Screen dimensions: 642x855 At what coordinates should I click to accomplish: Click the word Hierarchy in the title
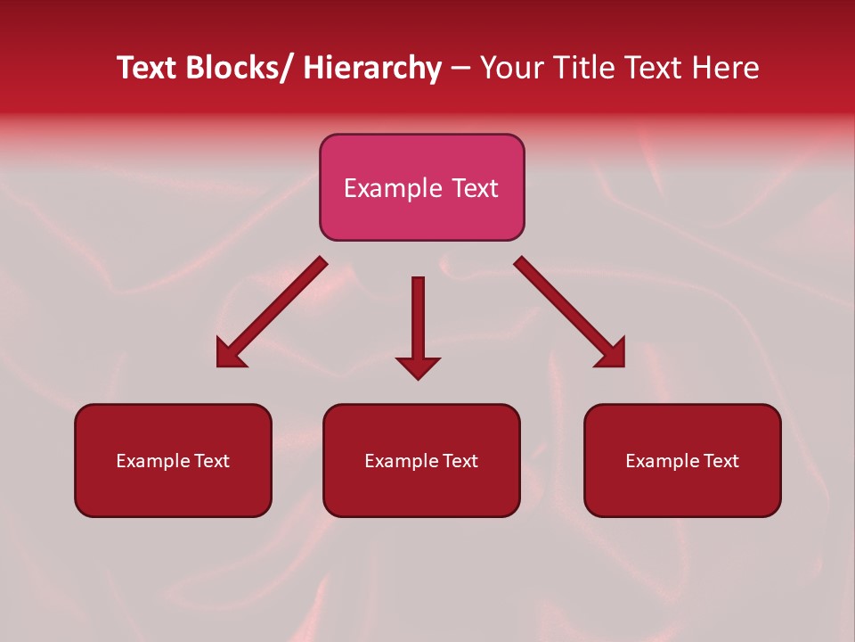pyautogui.click(x=371, y=68)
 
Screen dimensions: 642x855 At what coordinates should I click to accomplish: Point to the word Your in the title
pyautogui.click(x=510, y=68)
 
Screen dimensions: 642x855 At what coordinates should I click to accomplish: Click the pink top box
pyautogui.click(x=421, y=214)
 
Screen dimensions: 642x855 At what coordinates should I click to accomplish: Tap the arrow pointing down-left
pyautogui.click(x=276, y=308)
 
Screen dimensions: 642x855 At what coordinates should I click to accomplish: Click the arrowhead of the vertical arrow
pyautogui.click(x=418, y=367)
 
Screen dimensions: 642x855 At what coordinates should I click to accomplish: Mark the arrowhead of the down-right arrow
pyautogui.click(x=612, y=355)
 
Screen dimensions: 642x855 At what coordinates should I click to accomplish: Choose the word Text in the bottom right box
pyautogui.click(x=721, y=461)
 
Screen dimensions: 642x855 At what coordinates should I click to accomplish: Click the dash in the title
pyautogui.click(x=460, y=68)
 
